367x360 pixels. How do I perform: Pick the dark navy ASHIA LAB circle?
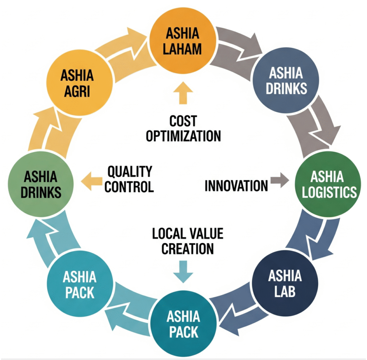coord(285,283)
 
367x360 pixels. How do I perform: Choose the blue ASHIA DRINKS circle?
coord(286,81)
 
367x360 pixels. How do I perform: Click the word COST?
coord(183,121)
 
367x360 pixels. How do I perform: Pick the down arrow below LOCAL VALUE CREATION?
coord(183,271)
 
